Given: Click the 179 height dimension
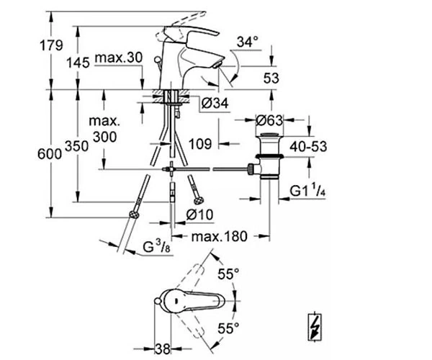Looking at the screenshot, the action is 52,45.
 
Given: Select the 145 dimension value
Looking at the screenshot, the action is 78,63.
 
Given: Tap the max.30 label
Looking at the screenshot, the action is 119,58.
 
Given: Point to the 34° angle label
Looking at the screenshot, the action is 248,42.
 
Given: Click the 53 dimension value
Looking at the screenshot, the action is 271,78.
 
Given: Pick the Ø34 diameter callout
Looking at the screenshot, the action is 215,104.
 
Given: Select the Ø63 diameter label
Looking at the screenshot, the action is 269,120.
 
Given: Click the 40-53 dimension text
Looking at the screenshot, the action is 308,146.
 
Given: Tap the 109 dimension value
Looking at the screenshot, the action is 200,144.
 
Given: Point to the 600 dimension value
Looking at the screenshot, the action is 50,153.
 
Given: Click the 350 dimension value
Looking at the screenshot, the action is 76,146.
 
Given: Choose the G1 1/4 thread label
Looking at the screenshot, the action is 307,191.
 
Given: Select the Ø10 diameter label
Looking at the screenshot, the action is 199,215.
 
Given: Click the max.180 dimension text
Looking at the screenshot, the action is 220,236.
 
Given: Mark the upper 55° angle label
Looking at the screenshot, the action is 228,274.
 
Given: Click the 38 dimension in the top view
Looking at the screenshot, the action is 162,349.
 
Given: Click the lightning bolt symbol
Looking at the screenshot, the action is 315,327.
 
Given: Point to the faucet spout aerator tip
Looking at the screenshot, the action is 217,66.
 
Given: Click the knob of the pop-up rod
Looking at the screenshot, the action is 157,59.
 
